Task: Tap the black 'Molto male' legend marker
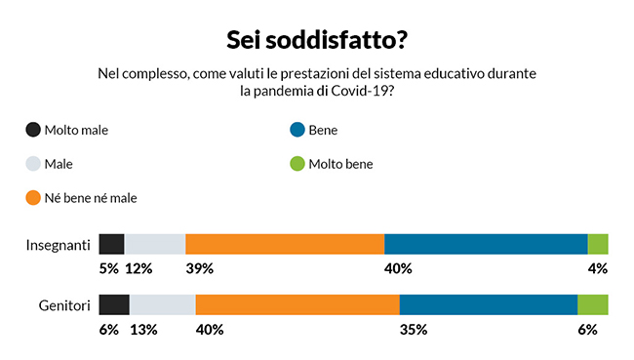(33, 130)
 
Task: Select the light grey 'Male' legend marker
(33, 164)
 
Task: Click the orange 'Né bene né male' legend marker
(33, 198)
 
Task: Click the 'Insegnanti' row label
(58, 245)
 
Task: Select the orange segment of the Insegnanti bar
(285, 245)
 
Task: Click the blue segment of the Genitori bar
(488, 305)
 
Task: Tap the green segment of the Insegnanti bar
(598, 245)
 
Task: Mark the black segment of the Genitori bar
(114, 305)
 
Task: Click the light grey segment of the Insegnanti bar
(155, 245)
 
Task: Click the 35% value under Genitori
(414, 330)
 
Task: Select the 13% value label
(144, 330)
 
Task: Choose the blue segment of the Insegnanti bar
(486, 245)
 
